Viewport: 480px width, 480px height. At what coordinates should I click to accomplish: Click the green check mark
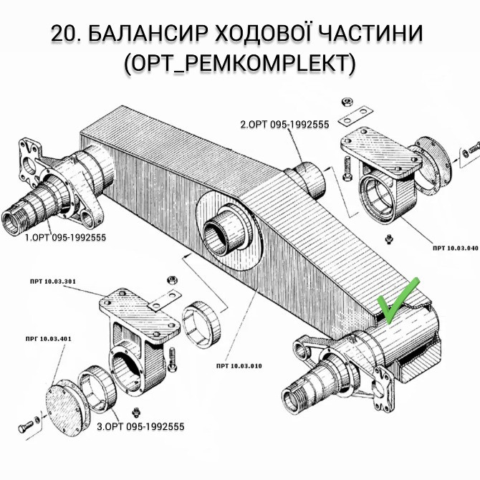click(398, 302)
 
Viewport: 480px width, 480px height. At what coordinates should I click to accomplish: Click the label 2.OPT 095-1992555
click(284, 124)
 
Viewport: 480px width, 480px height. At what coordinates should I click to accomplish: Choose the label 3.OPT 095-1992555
click(140, 426)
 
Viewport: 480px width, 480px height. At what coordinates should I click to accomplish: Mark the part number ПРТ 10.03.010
click(238, 366)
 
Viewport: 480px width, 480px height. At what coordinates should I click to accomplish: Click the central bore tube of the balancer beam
click(228, 236)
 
